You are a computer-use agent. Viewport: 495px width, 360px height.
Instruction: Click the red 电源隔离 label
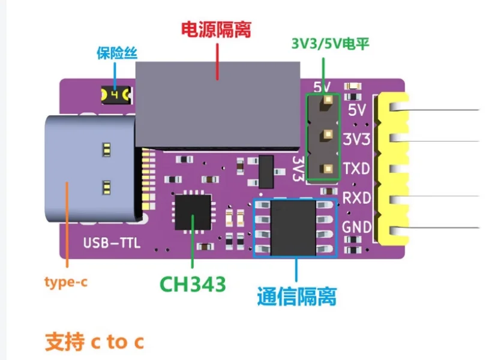[x=216, y=29]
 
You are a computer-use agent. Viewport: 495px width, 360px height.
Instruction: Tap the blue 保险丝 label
[x=117, y=53]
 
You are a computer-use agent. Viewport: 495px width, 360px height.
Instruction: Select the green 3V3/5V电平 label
[x=330, y=44]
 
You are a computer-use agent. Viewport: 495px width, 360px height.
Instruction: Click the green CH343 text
[x=193, y=284]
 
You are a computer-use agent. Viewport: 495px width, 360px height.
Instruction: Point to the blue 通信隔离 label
[x=297, y=296]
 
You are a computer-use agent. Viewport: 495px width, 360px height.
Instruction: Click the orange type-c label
[x=65, y=282]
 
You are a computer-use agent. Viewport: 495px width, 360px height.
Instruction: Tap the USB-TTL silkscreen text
[x=112, y=243]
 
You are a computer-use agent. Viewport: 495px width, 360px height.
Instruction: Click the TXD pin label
[x=356, y=169]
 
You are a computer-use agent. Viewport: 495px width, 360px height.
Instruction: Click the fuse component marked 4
[x=116, y=95]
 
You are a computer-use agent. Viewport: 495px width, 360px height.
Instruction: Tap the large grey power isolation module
[x=218, y=105]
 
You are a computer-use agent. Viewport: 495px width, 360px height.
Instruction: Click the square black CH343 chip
[x=193, y=212]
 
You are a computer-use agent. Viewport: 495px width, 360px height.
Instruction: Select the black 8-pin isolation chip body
[x=293, y=227]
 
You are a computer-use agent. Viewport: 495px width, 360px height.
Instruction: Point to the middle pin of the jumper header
[x=328, y=135]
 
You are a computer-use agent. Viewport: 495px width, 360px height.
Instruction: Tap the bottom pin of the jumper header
[x=328, y=169]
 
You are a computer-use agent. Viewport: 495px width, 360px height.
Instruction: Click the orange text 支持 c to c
[x=94, y=341]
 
